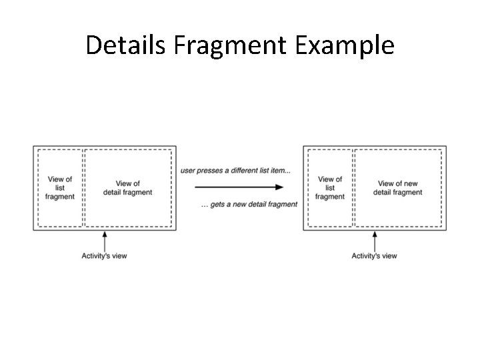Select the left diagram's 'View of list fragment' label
(x=61, y=188)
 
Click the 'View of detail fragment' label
(x=127, y=188)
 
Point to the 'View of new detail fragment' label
(x=397, y=188)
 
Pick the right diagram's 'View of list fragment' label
(x=330, y=188)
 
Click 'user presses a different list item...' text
(x=235, y=171)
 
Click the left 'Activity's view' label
(x=104, y=256)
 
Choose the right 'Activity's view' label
(x=374, y=256)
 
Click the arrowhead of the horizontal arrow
(x=279, y=187)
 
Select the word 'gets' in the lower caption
(x=217, y=204)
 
